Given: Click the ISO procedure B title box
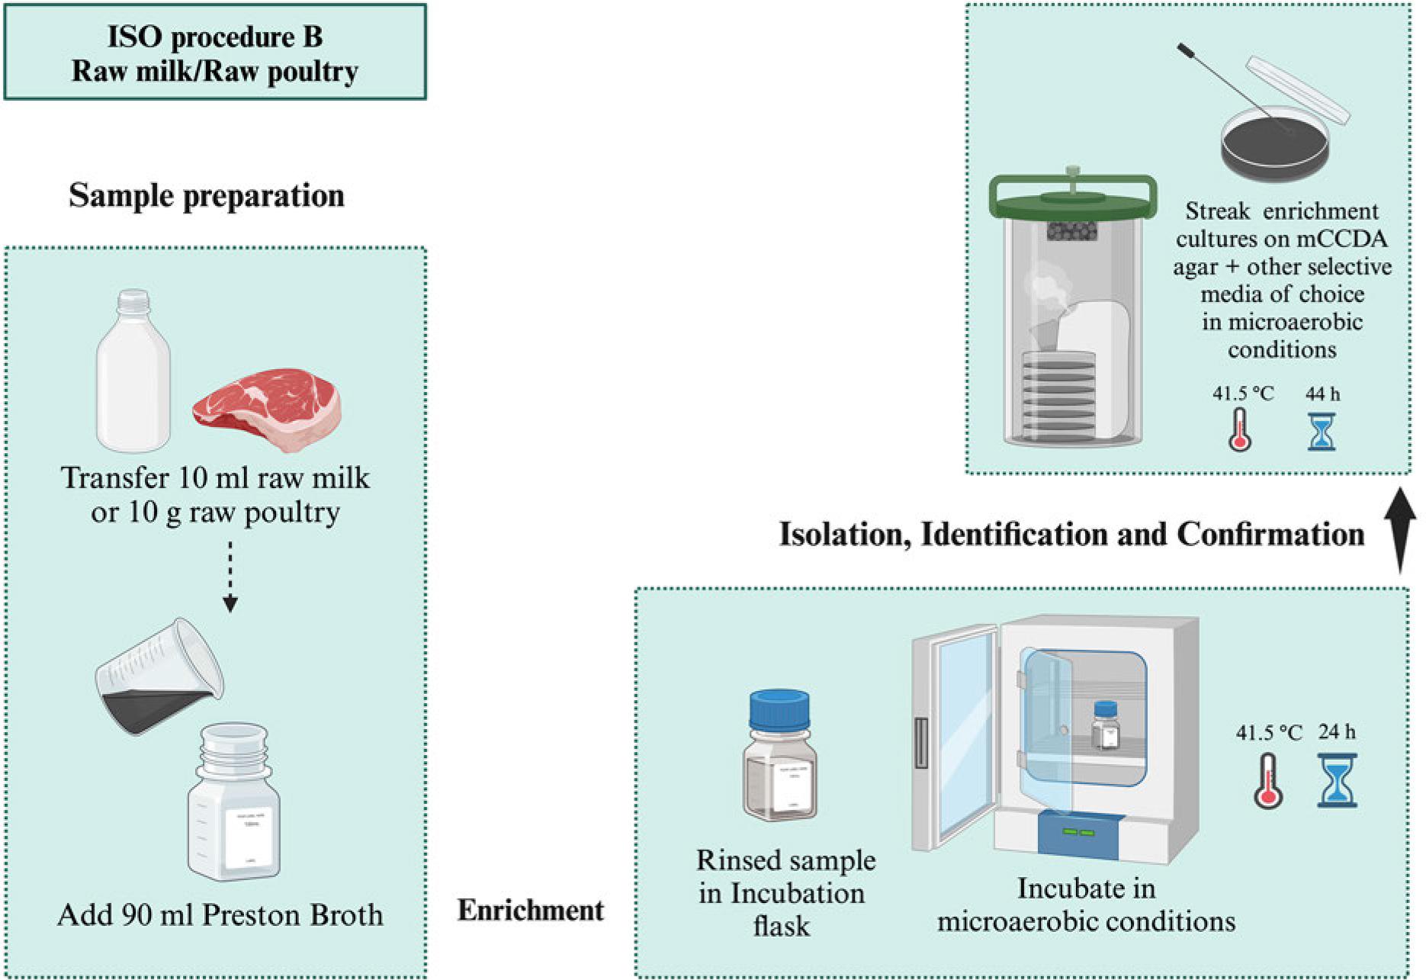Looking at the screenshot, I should click(214, 53).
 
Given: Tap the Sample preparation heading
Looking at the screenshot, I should click(207, 195).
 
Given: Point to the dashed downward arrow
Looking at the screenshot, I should click(230, 577).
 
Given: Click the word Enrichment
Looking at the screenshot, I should click(530, 910).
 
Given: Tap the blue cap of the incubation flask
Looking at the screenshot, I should click(779, 710).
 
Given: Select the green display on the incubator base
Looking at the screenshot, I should click(1079, 831).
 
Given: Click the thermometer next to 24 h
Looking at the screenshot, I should click(1267, 780).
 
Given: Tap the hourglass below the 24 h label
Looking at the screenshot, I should click(1337, 780).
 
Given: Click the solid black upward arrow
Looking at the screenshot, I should click(1400, 530).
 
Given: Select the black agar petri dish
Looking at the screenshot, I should click(1274, 145).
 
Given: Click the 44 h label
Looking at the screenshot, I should click(1322, 394).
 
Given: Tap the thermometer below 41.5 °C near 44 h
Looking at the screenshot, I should click(1240, 430).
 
